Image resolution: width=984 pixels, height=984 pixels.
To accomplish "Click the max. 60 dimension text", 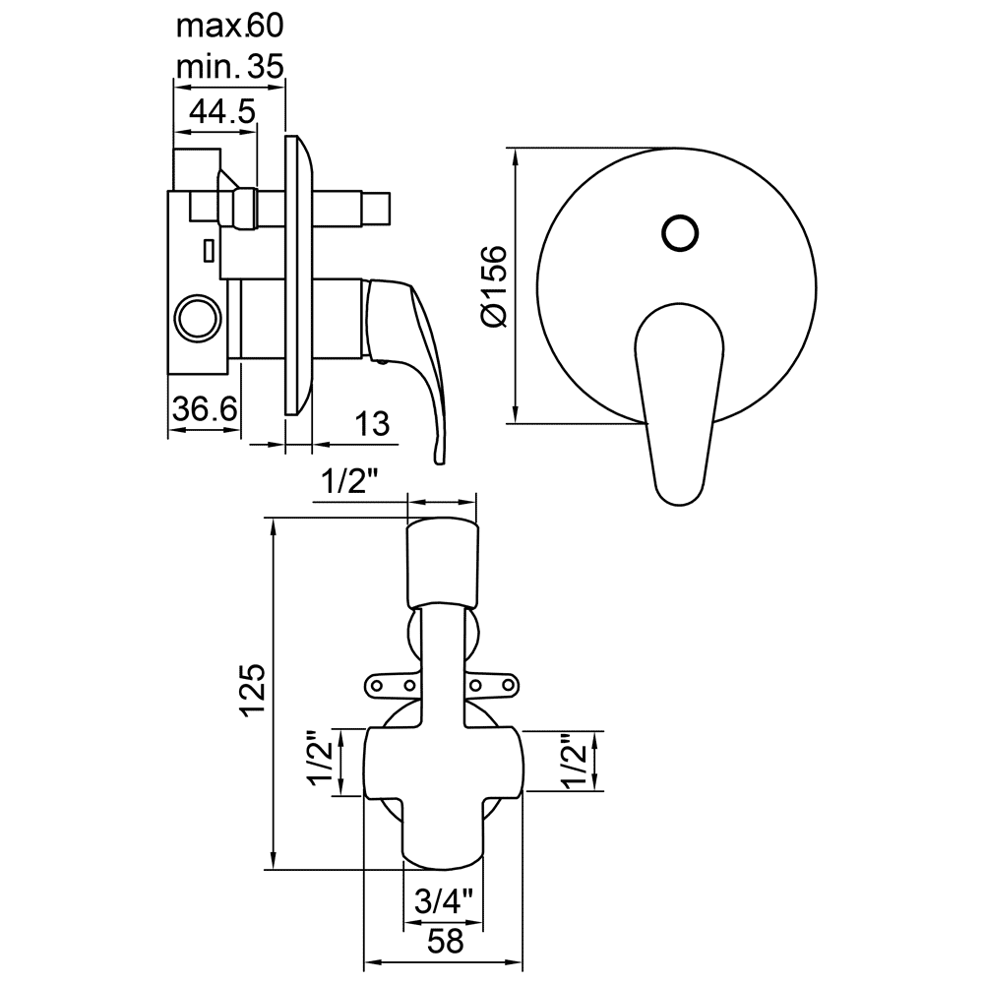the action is pos(229,27).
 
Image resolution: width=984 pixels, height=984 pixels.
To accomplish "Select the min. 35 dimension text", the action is pos(229,66).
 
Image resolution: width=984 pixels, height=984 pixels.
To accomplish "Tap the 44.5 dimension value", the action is pos(222,112).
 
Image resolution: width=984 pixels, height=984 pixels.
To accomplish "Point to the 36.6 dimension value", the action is pos(206,409).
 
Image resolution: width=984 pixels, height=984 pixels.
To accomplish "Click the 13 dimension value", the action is pos(373,423).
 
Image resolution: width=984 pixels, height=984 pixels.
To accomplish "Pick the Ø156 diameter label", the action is pos(494,286).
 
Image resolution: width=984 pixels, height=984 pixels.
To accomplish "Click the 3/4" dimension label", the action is pos(443,902).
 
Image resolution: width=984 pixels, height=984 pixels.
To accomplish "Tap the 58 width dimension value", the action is pos(445,942).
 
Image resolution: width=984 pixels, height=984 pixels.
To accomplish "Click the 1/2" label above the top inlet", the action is pos(350,482).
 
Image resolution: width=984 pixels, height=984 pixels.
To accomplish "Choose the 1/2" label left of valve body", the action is pos(321,762).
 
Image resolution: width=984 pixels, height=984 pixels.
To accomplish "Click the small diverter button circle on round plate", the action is pos(680,233).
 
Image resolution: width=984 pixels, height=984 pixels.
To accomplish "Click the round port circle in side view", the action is pos(198,318).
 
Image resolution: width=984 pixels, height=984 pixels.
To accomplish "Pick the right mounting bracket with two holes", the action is pos(493,685).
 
